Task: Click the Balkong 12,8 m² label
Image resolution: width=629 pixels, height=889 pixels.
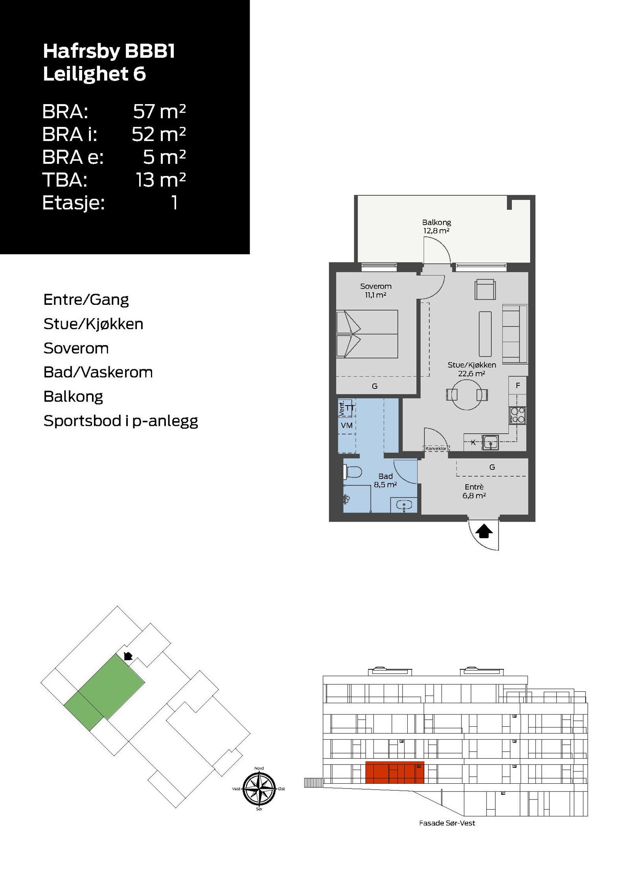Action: [436, 226]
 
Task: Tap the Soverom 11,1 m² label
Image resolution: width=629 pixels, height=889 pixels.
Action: [375, 290]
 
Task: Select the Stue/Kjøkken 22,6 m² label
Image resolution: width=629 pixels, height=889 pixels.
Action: [471, 369]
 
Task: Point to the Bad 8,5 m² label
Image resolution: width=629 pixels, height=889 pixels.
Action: [385, 480]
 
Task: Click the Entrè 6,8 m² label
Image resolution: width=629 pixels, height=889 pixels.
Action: [474, 491]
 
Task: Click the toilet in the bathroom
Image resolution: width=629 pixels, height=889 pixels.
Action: [353, 472]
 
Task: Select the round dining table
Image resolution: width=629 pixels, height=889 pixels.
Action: [467, 394]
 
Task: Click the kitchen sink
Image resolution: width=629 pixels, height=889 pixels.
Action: [490, 442]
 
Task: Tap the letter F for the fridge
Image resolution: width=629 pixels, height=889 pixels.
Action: [518, 385]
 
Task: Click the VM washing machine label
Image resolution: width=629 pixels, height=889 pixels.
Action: [346, 425]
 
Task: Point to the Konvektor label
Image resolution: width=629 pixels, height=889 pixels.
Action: [436, 448]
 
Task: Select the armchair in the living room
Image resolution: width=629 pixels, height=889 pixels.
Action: [485, 290]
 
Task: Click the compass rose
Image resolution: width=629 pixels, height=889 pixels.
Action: [259, 788]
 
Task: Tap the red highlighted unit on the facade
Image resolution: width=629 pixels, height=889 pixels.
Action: [395, 772]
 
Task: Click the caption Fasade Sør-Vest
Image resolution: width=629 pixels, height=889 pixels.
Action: [447, 823]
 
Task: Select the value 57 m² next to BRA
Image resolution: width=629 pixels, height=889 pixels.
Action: [159, 112]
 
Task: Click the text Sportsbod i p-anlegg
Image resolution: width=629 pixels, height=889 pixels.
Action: [121, 421]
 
